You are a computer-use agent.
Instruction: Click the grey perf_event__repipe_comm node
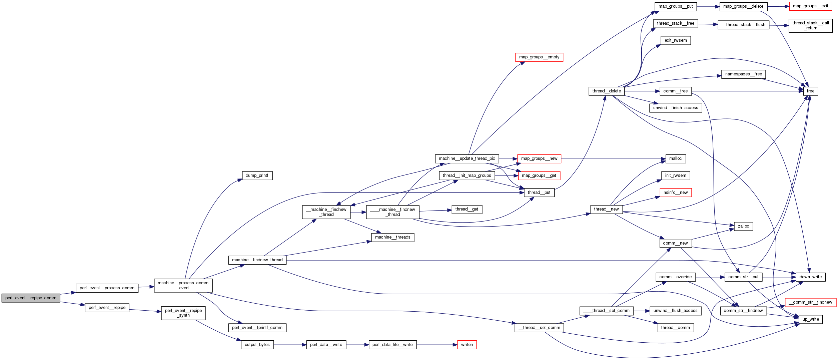[31, 298]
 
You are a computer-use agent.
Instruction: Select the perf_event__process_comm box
[107, 288]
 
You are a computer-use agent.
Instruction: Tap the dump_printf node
[257, 175]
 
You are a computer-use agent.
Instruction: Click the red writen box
[467, 345]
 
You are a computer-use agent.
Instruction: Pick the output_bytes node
[257, 345]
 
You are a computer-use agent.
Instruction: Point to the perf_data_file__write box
[392, 345]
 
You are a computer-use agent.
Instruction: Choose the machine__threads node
[392, 237]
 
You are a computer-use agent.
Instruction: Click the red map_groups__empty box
[539, 57]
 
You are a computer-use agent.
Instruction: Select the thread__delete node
[606, 91]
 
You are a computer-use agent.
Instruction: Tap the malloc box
[675, 158]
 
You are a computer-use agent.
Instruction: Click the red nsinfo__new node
[676, 193]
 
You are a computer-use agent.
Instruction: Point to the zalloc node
[743, 226]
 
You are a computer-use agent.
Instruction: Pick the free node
[810, 91]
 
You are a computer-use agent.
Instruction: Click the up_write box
[810, 319]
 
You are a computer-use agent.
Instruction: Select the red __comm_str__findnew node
[810, 302]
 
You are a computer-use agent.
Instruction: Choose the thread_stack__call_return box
[810, 25]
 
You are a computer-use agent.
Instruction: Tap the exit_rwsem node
[676, 40]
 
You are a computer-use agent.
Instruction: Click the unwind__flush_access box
[675, 311]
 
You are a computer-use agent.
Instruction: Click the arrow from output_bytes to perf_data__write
[290, 345]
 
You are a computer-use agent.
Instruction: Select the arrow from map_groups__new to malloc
[614, 159]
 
